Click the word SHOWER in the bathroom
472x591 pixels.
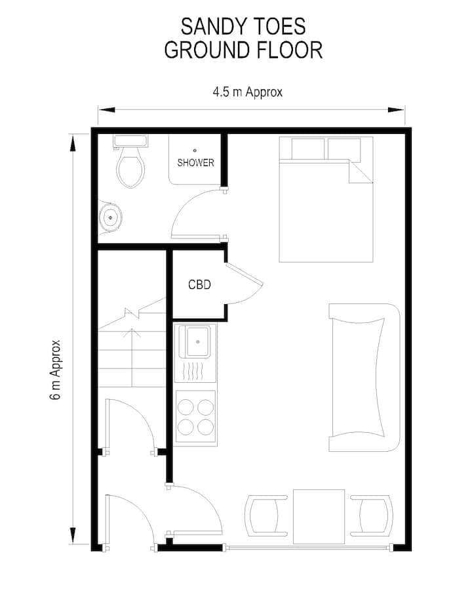tap(195, 163)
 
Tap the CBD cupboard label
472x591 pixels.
tap(199, 284)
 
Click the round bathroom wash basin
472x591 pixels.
tap(110, 217)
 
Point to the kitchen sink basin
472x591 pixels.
tap(197, 342)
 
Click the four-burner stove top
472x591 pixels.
tap(196, 416)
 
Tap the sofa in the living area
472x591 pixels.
tap(364, 378)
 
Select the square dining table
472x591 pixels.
tap(319, 516)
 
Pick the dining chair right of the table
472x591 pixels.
tap(372, 515)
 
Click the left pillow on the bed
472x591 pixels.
tap(308, 149)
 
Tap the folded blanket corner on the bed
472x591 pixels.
tap(361, 171)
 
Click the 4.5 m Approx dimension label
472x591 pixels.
tap(247, 92)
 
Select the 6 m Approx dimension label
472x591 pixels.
tap(55, 370)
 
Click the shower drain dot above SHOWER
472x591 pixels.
tap(195, 150)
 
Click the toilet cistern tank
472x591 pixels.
tap(130, 141)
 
